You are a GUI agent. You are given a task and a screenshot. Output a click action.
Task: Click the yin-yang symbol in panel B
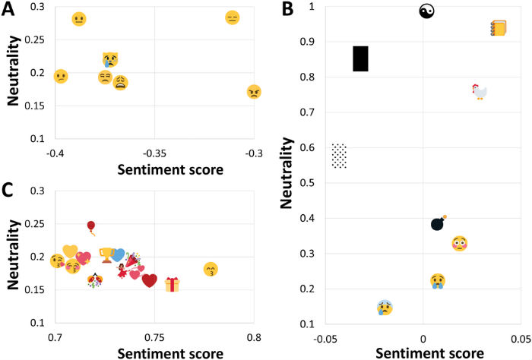(x=426, y=11)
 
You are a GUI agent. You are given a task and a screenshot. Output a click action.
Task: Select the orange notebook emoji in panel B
(x=498, y=28)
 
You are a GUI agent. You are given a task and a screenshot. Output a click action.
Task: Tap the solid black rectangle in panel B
(x=360, y=58)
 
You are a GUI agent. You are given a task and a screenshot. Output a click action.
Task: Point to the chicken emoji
(x=478, y=91)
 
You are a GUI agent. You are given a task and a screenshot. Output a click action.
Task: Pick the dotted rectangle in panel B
(x=339, y=156)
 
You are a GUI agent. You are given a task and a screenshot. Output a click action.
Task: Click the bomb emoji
(x=438, y=223)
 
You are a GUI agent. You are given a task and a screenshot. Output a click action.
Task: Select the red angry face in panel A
(x=254, y=92)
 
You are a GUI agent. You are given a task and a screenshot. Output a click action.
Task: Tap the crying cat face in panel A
(x=111, y=59)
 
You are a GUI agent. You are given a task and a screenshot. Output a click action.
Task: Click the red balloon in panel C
(x=91, y=226)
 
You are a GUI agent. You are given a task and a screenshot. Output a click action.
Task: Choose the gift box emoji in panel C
(x=173, y=284)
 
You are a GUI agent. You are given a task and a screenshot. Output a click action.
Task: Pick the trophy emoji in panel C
(x=106, y=254)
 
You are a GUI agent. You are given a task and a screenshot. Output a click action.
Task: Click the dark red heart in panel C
(x=150, y=281)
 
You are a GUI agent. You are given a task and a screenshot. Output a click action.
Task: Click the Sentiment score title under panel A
(x=154, y=169)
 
